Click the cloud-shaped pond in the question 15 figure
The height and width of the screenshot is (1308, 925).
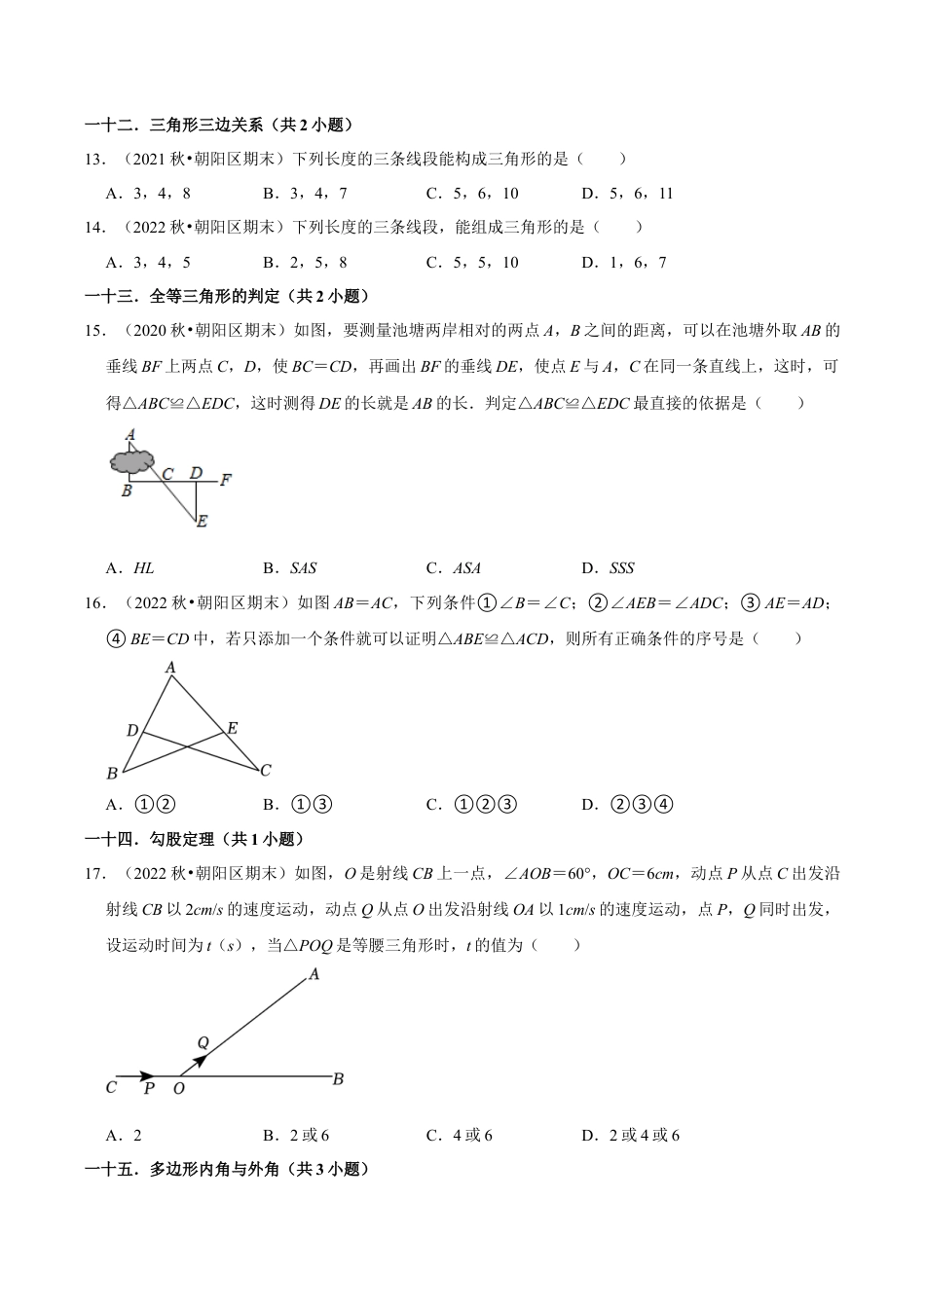pos(132,461)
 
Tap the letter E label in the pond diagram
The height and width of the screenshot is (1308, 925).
pos(202,522)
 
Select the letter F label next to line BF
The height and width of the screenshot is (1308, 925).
pos(225,479)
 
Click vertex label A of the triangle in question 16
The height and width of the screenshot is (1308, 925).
pos(170,668)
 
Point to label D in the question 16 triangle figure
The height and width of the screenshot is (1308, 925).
pos(132,730)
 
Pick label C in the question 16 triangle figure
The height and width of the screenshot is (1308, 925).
pos(265,770)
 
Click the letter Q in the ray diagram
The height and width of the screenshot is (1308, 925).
pos(203,1043)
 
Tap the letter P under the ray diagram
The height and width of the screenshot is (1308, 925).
pos(149,1089)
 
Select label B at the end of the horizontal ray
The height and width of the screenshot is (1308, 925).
pos(338,1078)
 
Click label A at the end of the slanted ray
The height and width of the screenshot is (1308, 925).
pos(314,973)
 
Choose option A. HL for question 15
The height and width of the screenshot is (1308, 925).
pos(130,568)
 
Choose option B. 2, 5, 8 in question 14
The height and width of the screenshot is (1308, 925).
pos(305,262)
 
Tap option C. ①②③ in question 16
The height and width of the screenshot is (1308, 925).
pos(472,804)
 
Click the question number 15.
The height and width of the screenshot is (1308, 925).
pos(94,331)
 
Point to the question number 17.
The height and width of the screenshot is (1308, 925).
pos(94,873)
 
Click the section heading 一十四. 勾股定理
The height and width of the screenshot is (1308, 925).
pos(194,839)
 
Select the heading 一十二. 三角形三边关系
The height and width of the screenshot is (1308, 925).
pos(219,125)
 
